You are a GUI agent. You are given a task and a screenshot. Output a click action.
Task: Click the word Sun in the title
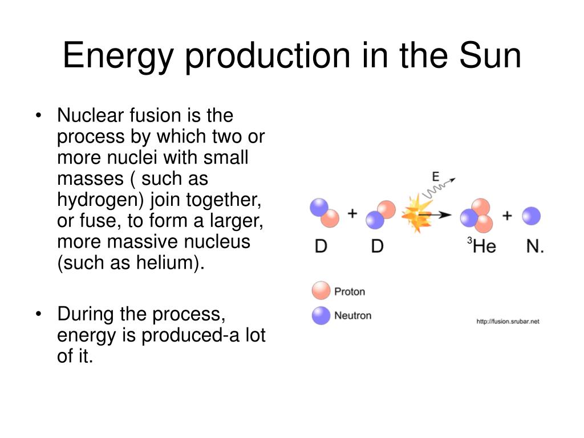(x=490, y=55)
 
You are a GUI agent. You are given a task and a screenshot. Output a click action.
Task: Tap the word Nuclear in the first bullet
(x=91, y=115)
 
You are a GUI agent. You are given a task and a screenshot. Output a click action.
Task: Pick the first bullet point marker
(x=38, y=115)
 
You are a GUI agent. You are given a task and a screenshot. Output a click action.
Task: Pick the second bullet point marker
(x=38, y=314)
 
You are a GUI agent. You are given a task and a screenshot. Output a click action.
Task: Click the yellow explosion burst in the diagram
(x=416, y=214)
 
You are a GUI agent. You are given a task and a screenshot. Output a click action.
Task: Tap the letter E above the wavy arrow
(x=435, y=177)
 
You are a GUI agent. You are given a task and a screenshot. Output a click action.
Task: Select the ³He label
(x=481, y=246)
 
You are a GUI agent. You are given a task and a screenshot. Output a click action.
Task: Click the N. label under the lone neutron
(x=535, y=246)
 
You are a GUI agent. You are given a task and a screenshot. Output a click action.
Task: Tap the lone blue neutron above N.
(x=531, y=216)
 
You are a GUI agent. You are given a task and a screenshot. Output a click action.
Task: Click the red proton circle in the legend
(x=321, y=290)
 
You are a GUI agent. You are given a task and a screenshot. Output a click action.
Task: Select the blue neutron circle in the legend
(x=321, y=315)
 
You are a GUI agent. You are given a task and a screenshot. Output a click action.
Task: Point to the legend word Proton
(x=350, y=291)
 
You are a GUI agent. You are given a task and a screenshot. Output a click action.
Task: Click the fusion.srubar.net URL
(x=508, y=322)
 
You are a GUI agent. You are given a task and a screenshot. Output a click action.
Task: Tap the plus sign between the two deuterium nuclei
(x=352, y=213)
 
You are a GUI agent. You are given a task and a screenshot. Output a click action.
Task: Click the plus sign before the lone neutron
(x=507, y=216)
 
